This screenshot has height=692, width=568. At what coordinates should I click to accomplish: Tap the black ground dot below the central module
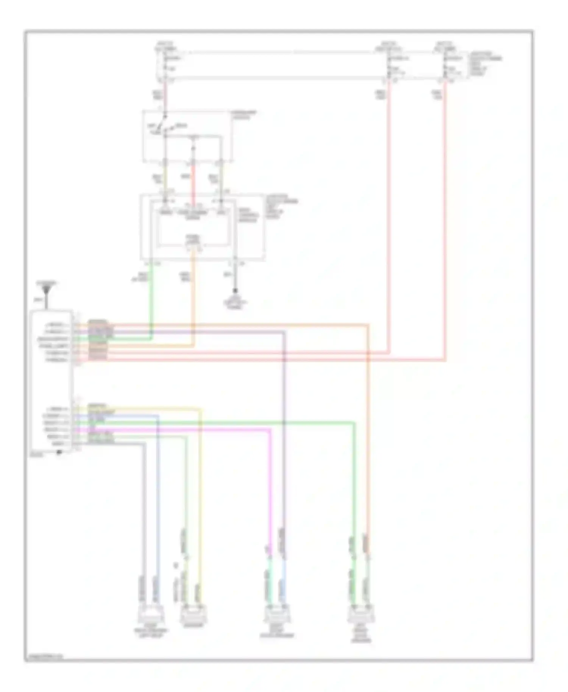(x=235, y=291)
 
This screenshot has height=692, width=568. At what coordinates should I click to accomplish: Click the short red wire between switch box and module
(x=193, y=178)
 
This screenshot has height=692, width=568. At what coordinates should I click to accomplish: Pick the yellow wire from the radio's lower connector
(x=200, y=492)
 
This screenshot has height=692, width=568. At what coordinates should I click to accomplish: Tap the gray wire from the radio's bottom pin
(x=144, y=511)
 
